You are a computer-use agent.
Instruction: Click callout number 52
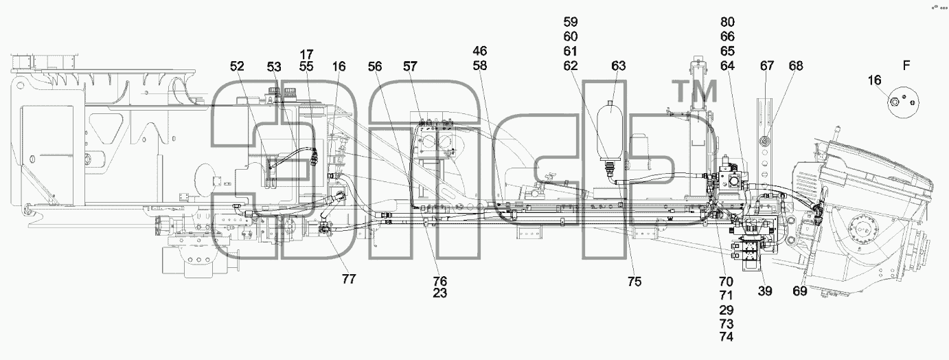(238, 66)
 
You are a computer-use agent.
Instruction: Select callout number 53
(274, 67)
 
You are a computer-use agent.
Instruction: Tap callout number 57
(410, 66)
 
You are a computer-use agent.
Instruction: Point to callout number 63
(619, 66)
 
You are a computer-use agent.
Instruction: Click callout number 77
(349, 278)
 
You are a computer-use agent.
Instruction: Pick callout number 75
(634, 282)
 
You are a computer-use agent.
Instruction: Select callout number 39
(765, 291)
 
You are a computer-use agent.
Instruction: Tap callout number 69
(800, 291)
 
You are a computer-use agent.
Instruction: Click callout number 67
(767, 66)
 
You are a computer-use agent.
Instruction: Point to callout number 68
(796, 66)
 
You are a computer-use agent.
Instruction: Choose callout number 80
(727, 21)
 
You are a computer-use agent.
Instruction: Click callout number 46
(479, 51)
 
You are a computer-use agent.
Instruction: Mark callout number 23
(439, 293)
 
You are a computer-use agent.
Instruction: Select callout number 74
(726, 337)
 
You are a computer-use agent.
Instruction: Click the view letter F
(906, 66)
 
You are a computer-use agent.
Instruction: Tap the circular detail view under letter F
(903, 102)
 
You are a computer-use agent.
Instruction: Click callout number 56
(375, 66)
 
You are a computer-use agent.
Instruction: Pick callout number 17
(306, 54)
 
